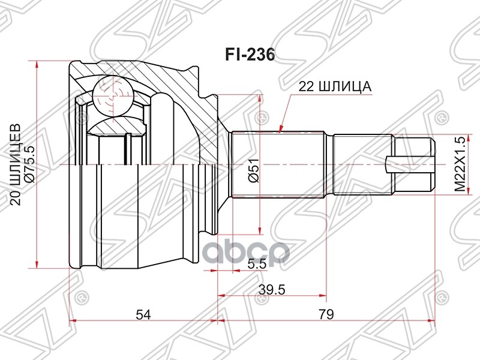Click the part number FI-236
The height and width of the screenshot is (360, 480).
250,55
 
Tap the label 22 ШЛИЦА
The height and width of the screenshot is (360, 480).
335,86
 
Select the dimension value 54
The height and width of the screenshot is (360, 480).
143,314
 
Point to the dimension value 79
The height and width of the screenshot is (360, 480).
326,314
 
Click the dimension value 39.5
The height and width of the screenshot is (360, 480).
272,289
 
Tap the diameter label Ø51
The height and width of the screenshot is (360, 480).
254,170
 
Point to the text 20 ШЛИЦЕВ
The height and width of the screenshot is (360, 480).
16,164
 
